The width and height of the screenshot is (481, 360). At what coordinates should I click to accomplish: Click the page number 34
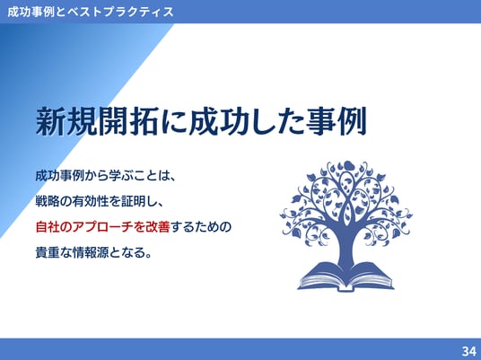click(468, 351)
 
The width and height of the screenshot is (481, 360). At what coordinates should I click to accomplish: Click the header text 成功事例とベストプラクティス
click(90, 12)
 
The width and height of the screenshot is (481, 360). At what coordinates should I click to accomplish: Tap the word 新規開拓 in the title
click(97, 121)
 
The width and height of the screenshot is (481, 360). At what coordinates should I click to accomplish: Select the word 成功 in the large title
click(219, 121)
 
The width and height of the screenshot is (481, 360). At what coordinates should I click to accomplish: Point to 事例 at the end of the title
click(337, 121)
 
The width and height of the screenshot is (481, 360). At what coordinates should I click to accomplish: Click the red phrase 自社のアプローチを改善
click(103, 227)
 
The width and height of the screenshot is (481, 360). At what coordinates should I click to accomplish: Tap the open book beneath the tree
click(346, 277)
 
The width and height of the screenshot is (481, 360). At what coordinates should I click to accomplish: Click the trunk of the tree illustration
click(346, 245)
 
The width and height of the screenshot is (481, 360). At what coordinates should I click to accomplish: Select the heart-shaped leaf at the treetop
click(348, 166)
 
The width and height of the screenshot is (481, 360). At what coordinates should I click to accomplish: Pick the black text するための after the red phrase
click(200, 227)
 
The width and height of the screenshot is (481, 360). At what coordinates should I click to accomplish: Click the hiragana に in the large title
click(173, 121)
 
